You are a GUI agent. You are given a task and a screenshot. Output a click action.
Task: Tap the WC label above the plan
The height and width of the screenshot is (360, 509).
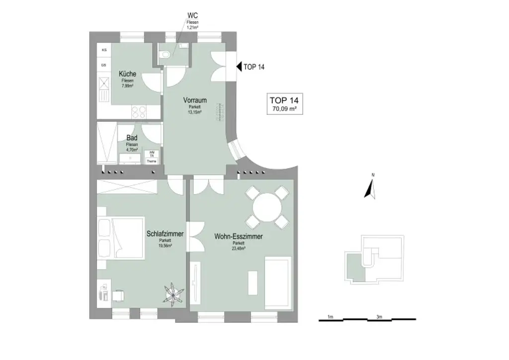click(192, 15)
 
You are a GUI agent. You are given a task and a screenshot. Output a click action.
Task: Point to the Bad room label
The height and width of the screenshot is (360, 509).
click(132, 137)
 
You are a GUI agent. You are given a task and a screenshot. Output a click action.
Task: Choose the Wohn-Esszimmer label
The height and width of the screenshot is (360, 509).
click(239, 237)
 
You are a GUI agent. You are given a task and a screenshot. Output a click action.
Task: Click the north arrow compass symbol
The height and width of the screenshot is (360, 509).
click(369, 188)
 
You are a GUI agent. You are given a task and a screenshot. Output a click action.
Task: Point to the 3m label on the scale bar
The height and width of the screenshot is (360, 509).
click(379, 316)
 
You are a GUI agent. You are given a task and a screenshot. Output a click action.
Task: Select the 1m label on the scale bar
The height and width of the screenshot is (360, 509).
click(330, 316)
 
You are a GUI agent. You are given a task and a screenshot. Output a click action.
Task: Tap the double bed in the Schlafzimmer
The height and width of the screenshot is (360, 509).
click(120, 238)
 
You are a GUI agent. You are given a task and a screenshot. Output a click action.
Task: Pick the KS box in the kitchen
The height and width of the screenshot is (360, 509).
click(104, 50)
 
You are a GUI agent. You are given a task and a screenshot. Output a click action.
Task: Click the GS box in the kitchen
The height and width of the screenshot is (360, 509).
click(104, 65)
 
